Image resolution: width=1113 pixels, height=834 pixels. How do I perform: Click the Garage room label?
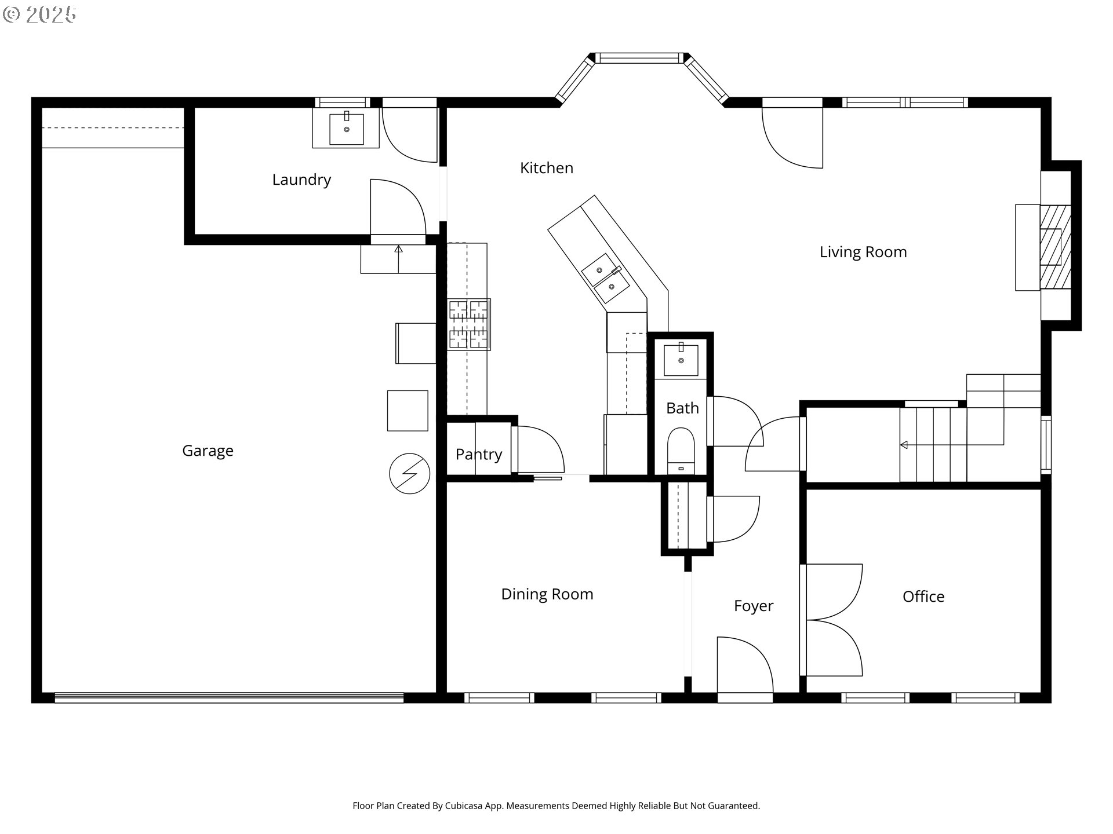tap(208, 451)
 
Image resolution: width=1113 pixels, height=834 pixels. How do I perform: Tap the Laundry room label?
tap(301, 180)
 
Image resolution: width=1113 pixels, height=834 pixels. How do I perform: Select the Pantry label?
tap(478, 454)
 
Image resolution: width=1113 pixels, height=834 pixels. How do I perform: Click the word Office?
tap(923, 597)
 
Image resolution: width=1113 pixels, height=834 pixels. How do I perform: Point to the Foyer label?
tap(753, 606)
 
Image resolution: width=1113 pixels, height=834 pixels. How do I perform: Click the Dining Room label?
tap(547, 594)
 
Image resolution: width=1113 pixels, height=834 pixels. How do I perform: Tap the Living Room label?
tap(863, 252)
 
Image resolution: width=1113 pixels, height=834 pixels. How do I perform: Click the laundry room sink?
tap(346, 129)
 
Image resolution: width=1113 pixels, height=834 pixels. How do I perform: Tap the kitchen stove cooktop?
tap(468, 324)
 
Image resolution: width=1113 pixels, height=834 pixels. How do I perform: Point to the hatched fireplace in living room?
tap(1055, 247)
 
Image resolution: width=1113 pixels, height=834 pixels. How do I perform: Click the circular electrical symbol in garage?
tap(409, 473)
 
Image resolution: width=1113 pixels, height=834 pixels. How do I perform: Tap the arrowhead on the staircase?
tap(903, 445)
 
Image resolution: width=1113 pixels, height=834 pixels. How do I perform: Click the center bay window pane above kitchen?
tap(638, 58)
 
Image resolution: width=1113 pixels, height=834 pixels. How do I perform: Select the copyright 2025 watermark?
tap(39, 14)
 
